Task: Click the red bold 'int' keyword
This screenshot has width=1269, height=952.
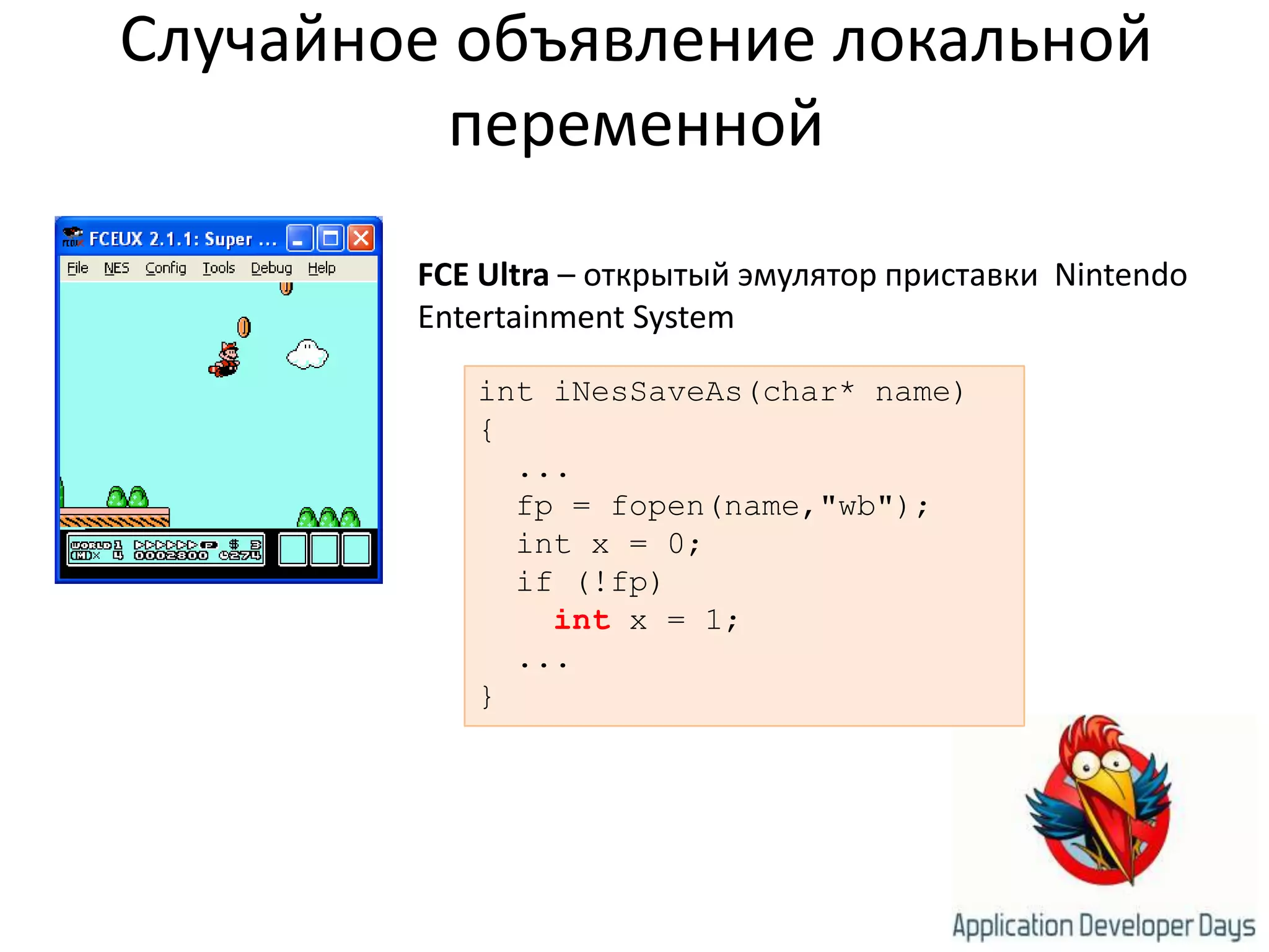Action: (582, 620)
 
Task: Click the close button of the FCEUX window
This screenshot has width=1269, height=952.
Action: (361, 238)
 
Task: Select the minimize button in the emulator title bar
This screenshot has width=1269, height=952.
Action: (299, 238)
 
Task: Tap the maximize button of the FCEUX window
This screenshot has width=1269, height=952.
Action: (330, 238)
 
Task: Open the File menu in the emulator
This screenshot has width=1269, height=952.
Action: (77, 268)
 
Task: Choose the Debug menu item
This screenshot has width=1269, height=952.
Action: (271, 268)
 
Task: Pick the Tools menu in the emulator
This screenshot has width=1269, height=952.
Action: (219, 268)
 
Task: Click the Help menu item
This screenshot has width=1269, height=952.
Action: (322, 268)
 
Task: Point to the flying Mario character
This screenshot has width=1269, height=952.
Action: (225, 360)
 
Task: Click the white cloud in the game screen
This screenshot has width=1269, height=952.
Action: (307, 355)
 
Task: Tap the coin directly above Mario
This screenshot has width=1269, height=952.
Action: (244, 327)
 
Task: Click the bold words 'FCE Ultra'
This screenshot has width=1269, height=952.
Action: (483, 275)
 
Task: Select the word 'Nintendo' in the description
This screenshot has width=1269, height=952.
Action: (1120, 275)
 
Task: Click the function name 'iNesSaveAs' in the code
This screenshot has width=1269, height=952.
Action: (648, 392)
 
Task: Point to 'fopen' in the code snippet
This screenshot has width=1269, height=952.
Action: (657, 506)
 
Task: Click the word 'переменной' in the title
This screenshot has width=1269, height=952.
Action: (636, 124)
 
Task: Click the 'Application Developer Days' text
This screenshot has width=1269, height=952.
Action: (1104, 926)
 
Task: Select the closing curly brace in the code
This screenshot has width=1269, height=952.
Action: (487, 697)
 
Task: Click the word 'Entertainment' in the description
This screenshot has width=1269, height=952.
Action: (520, 317)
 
